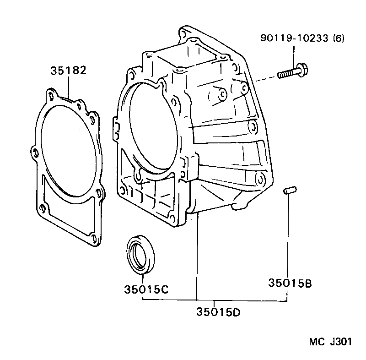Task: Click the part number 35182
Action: pyautogui.click(x=68, y=71)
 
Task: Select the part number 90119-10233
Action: pyautogui.click(x=293, y=39)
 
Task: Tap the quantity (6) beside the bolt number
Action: pyautogui.click(x=337, y=39)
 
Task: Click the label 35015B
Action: pyautogui.click(x=290, y=283)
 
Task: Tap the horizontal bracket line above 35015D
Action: pyautogui.click(x=215, y=300)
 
